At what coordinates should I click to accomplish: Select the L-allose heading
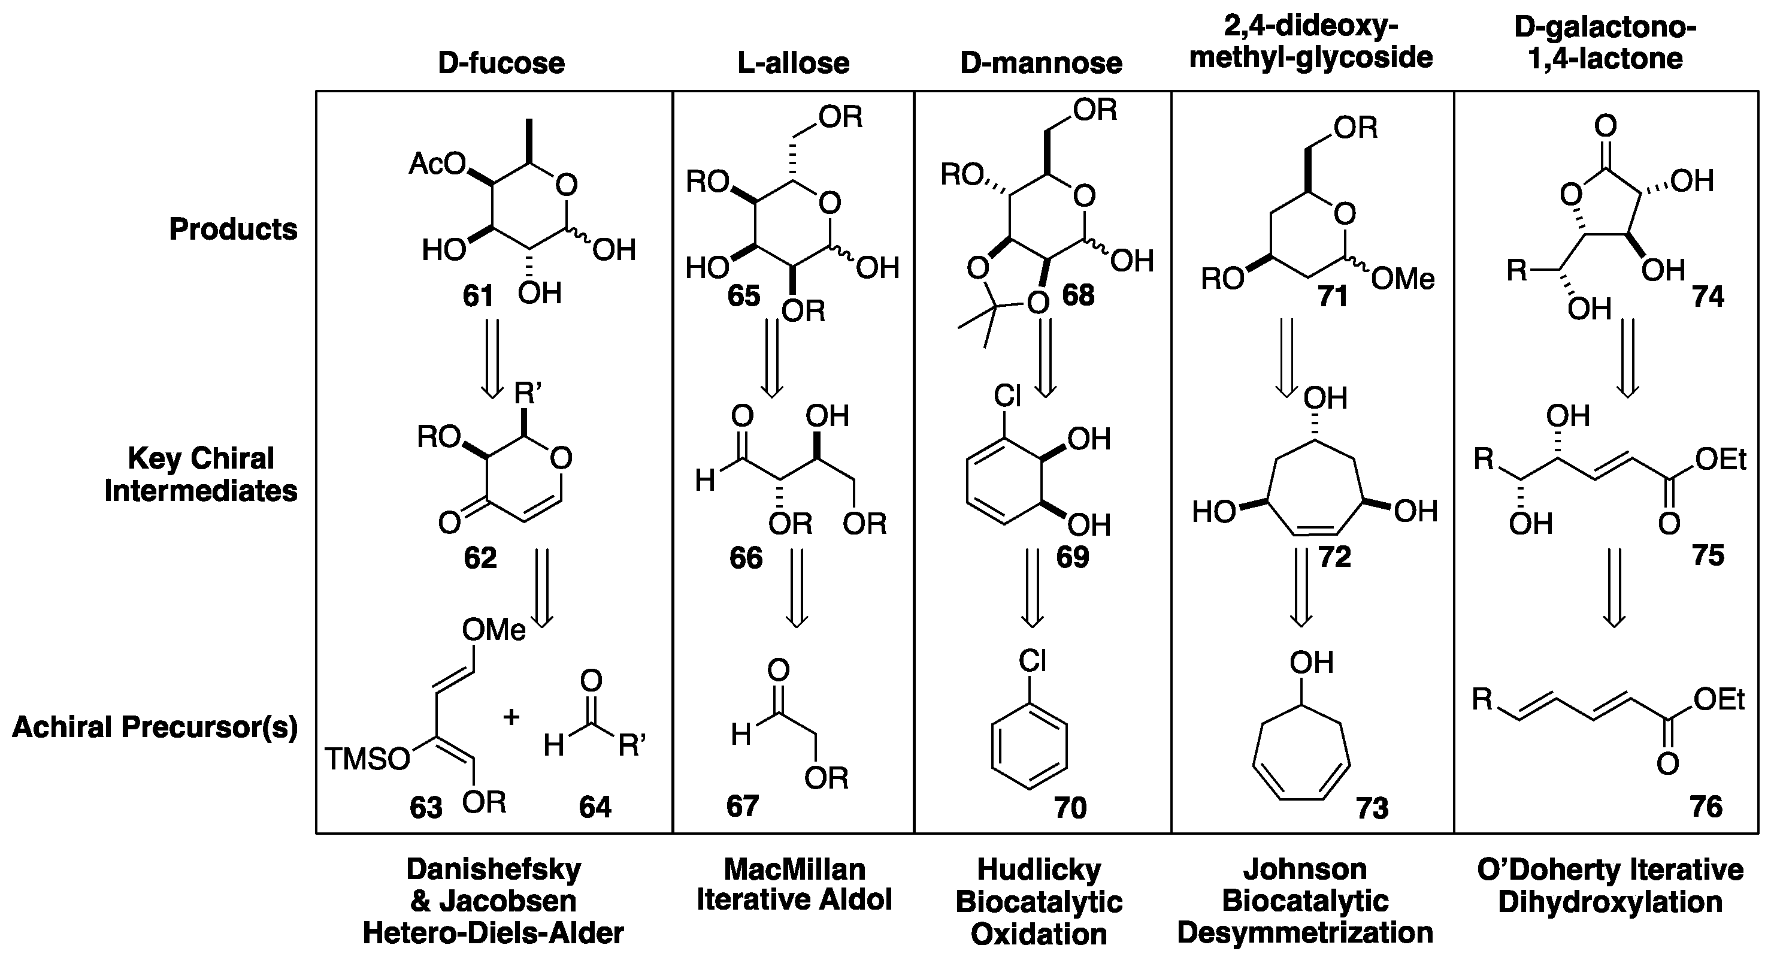click(x=793, y=64)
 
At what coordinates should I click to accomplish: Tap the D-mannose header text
click(x=1042, y=64)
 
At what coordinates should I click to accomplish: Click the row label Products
click(x=234, y=230)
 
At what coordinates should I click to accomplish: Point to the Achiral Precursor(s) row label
click(x=155, y=727)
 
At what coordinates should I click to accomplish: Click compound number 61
click(x=478, y=296)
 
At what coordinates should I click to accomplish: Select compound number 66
click(x=746, y=559)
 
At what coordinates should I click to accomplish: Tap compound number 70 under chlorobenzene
click(x=1070, y=807)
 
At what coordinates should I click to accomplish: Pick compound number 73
click(x=1372, y=807)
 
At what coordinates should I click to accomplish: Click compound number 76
click(x=1706, y=807)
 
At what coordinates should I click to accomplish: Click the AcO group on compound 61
click(x=437, y=164)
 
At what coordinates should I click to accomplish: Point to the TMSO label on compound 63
click(x=367, y=760)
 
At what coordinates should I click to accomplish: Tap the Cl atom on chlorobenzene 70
click(x=1033, y=662)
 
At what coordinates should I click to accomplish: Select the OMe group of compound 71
click(x=1403, y=279)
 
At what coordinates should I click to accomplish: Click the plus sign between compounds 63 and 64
click(x=511, y=717)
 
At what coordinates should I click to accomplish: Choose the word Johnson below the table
click(x=1304, y=870)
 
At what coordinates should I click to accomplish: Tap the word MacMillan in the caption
click(x=795, y=870)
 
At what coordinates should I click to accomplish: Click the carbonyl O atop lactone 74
click(x=1606, y=126)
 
